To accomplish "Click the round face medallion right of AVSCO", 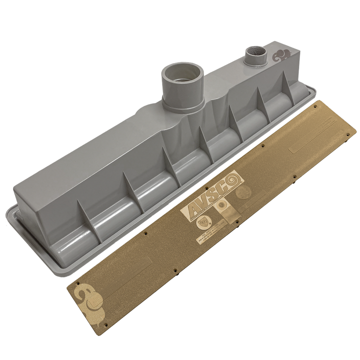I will [x=244, y=193].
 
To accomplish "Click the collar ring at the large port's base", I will [x=182, y=104].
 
